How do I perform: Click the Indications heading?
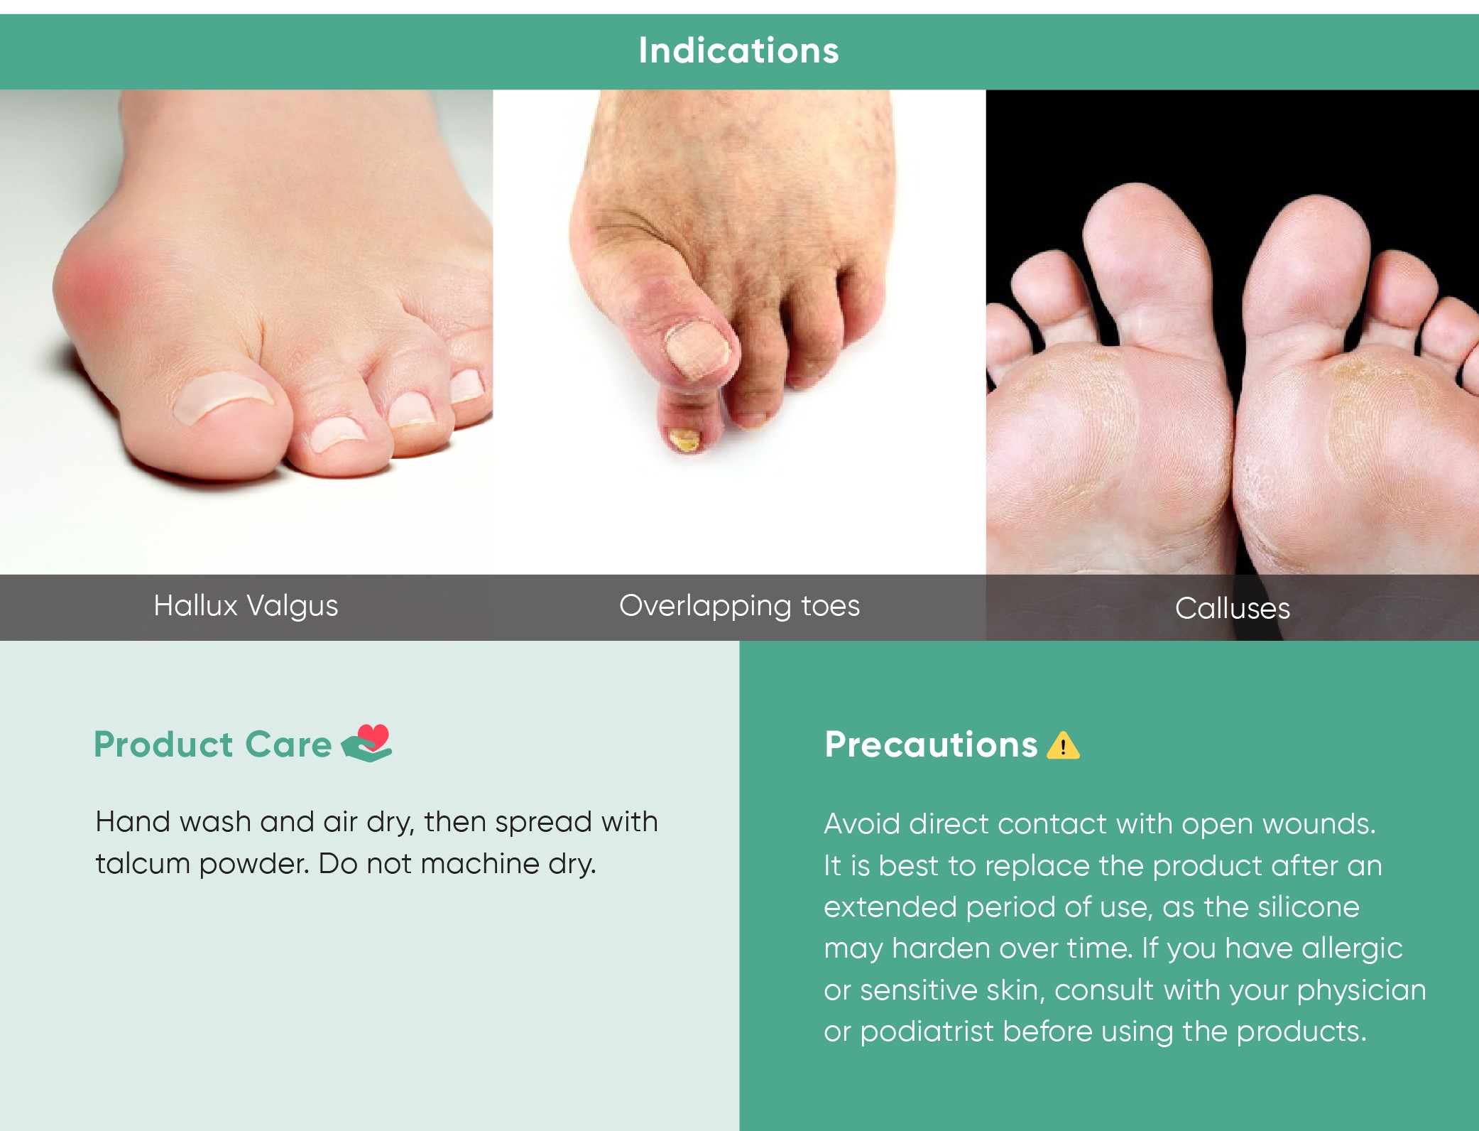pyautogui.click(x=738, y=50)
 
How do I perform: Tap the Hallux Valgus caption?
pyautogui.click(x=246, y=606)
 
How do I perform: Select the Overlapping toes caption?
pyautogui.click(x=739, y=606)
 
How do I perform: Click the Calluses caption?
pyautogui.click(x=1233, y=609)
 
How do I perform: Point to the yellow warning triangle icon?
pyautogui.click(x=1063, y=745)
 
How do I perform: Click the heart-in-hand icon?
pyautogui.click(x=367, y=743)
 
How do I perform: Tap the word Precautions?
pyautogui.click(x=931, y=745)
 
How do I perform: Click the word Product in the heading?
pyautogui.click(x=163, y=745)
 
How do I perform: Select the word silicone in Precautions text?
pyautogui.click(x=1308, y=907)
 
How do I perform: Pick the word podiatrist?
pyautogui.click(x=927, y=1032)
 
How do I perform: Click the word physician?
pyautogui.click(x=1361, y=991)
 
